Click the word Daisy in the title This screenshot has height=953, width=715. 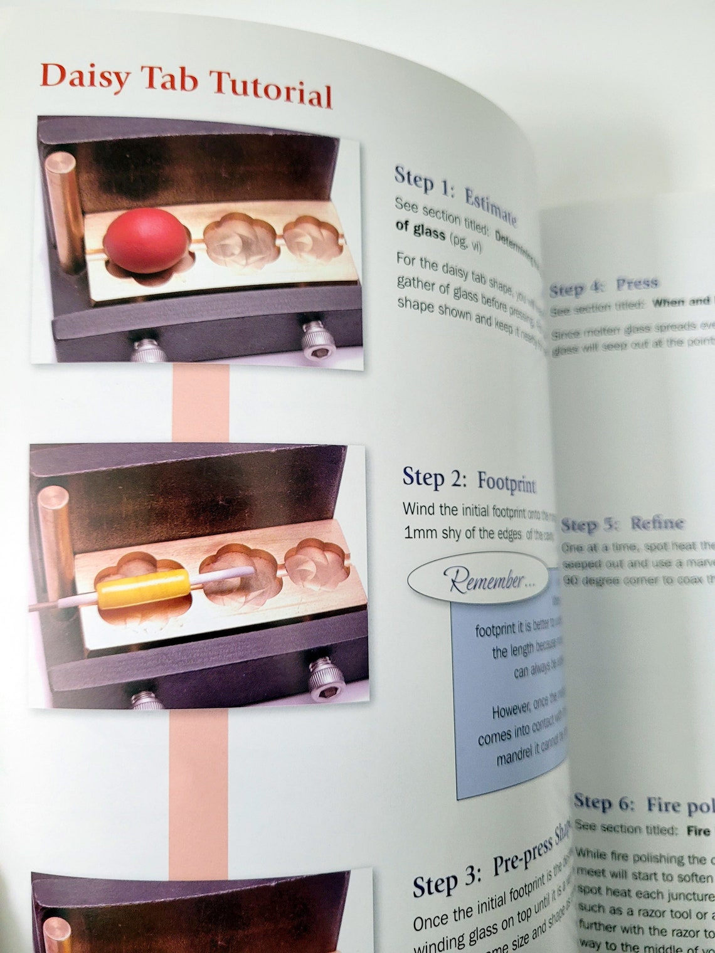86,77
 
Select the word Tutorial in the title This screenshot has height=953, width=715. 271,90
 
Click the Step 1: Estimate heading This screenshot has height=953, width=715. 455,194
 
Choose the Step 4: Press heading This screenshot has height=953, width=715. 603,286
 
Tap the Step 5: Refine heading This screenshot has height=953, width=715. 622,524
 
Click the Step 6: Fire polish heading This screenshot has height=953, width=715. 643,804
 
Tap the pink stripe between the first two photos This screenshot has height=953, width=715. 200,404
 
